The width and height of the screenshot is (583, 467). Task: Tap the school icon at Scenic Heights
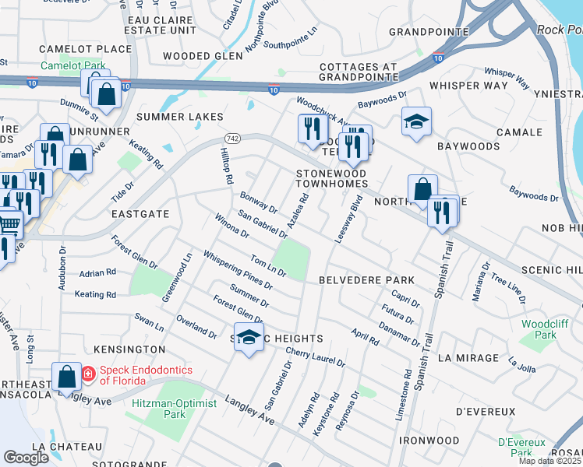pyautogui.click(x=249, y=337)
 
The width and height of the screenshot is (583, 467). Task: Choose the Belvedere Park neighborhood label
pyautogui.click(x=366, y=279)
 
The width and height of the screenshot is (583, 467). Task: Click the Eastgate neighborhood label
pyautogui.click(x=140, y=212)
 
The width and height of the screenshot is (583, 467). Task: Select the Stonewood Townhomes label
pyautogui.click(x=331, y=177)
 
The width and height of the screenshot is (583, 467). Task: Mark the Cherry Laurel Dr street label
pyautogui.click(x=315, y=356)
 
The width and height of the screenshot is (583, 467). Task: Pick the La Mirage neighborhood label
pyautogui.click(x=468, y=357)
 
